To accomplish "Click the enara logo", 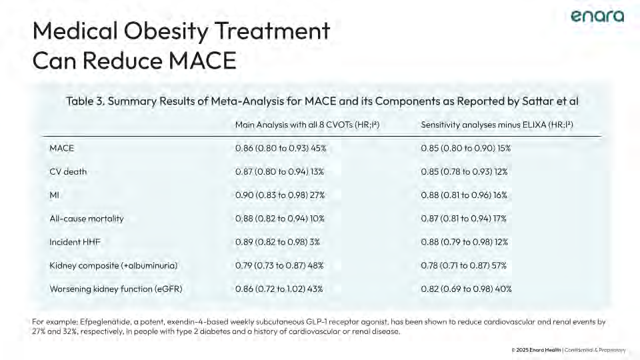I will pos(597,17).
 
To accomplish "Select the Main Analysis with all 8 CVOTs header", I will pos(307,125).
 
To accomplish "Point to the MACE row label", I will pos(62,148).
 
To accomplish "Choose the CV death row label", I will pos(68,171).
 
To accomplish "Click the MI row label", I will pos(55,195).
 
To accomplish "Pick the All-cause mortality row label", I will pos(87,218).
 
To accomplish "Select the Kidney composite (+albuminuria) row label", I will pos(113,265).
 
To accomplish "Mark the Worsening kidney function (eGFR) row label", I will pos(115,289).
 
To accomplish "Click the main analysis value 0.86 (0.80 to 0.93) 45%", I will pos(281,148).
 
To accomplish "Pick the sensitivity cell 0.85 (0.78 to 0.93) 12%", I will pos(465,171).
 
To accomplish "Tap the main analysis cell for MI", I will pos(280,195).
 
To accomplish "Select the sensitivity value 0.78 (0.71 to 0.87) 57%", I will pos(464,265).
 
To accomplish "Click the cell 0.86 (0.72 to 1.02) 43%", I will pos(281,289).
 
